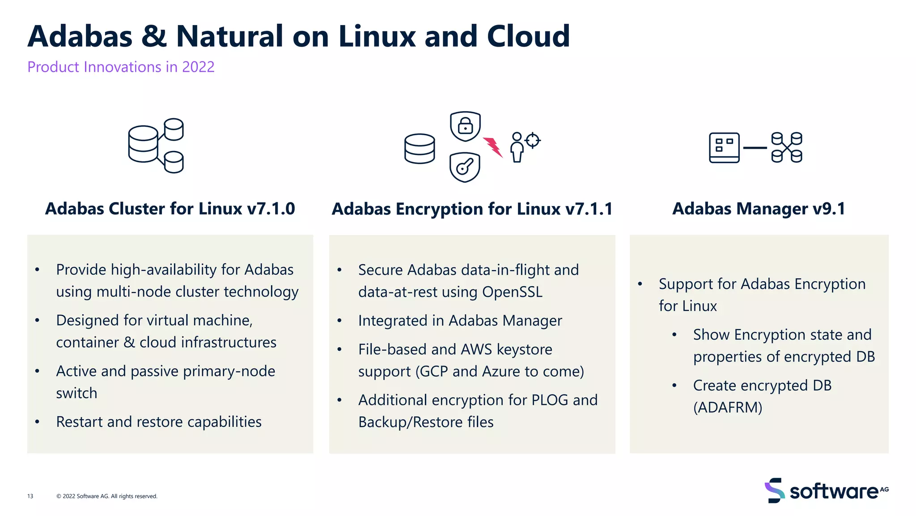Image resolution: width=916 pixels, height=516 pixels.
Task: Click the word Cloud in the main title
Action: (x=528, y=36)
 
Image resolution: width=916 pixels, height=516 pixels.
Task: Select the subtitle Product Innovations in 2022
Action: (x=121, y=67)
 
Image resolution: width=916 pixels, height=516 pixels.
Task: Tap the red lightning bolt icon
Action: (x=493, y=146)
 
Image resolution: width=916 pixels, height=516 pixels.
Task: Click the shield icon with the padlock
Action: (x=465, y=126)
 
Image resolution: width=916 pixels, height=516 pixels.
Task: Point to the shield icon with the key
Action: (x=465, y=167)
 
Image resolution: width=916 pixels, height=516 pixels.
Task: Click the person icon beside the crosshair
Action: (x=517, y=147)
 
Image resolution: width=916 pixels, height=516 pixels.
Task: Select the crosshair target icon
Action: (x=533, y=140)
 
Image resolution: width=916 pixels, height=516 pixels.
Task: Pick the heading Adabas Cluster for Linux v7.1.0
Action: (x=170, y=209)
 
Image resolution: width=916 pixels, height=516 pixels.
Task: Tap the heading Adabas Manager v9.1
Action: (x=759, y=209)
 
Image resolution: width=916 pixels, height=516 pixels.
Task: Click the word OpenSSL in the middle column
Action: (x=512, y=292)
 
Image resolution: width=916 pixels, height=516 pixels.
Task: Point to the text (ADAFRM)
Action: (x=728, y=408)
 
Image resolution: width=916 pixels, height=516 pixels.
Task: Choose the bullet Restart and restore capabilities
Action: (x=159, y=422)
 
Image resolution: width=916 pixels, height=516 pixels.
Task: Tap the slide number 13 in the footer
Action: (x=30, y=496)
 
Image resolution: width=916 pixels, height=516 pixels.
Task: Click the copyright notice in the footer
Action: (x=107, y=496)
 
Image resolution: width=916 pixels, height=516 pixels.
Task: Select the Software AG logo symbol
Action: (x=775, y=490)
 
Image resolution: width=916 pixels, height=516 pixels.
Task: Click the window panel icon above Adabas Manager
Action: (x=724, y=147)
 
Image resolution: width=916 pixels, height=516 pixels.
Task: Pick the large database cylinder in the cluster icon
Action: (x=143, y=144)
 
